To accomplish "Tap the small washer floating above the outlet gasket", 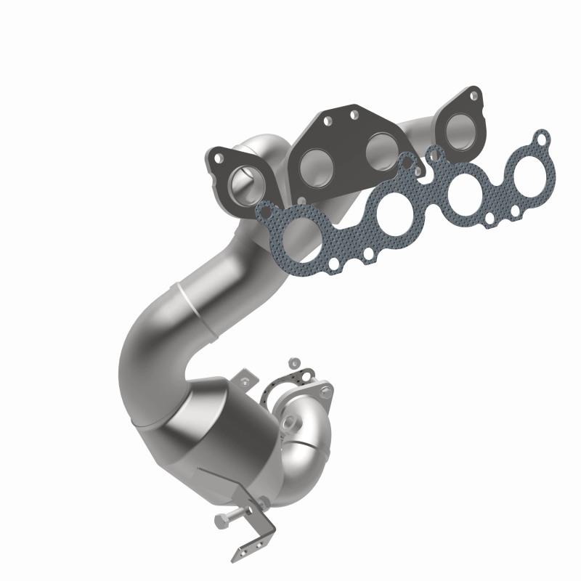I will tap(293, 361).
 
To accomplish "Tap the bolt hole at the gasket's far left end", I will tap(265, 212).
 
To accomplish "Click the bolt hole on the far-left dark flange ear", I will tap(217, 156).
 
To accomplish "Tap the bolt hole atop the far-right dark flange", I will tap(474, 94).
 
